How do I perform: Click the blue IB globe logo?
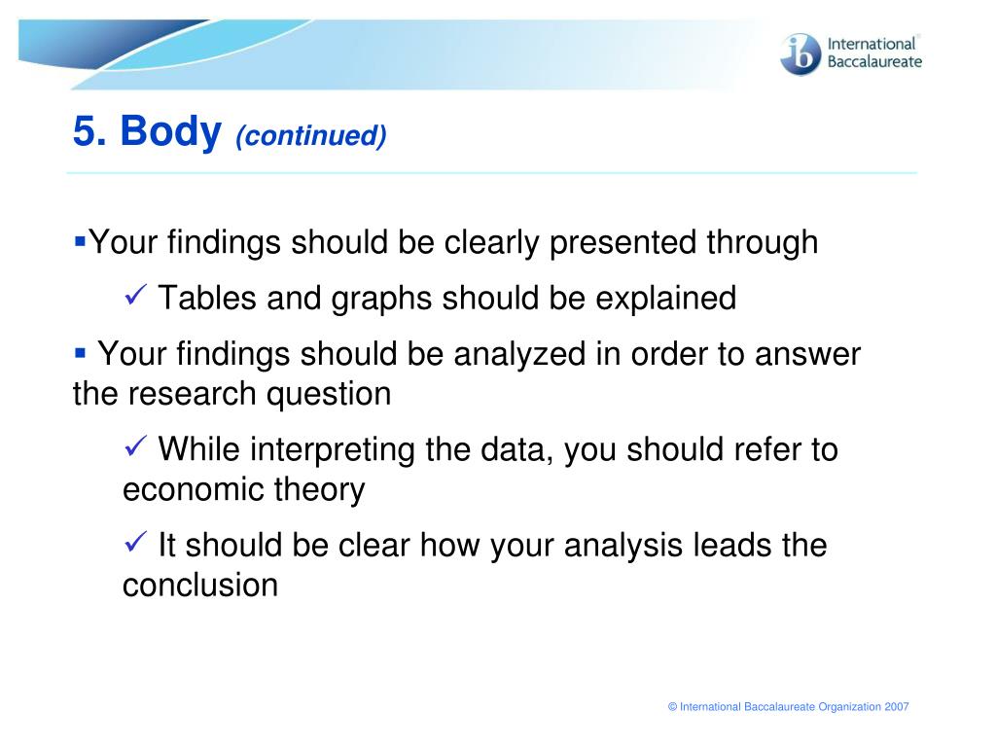800,54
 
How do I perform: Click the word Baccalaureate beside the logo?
874,61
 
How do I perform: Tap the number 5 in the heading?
89,131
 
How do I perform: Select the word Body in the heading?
171,131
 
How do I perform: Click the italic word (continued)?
310,136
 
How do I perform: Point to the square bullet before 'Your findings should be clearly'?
80,241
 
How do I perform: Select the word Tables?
207,298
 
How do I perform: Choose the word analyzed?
519,355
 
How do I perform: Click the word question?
329,395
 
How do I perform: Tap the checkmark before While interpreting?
135,445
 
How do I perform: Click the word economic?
194,490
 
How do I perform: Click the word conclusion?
200,585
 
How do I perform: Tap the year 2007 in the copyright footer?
897,707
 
